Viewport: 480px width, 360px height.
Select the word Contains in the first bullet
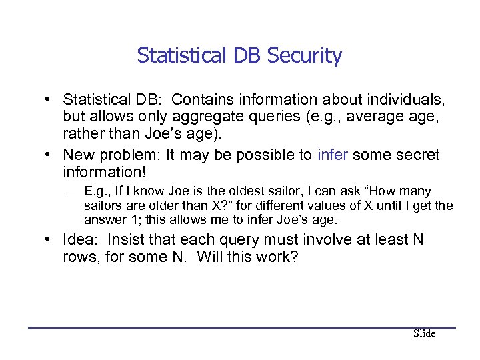pyautogui.click(x=211, y=99)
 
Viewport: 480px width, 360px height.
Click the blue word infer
pyautogui.click(x=333, y=155)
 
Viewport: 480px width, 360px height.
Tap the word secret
pyautogui.click(x=416, y=155)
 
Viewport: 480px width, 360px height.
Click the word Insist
pyautogui.click(x=133, y=240)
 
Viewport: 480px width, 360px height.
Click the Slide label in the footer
pyautogui.click(x=424, y=333)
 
